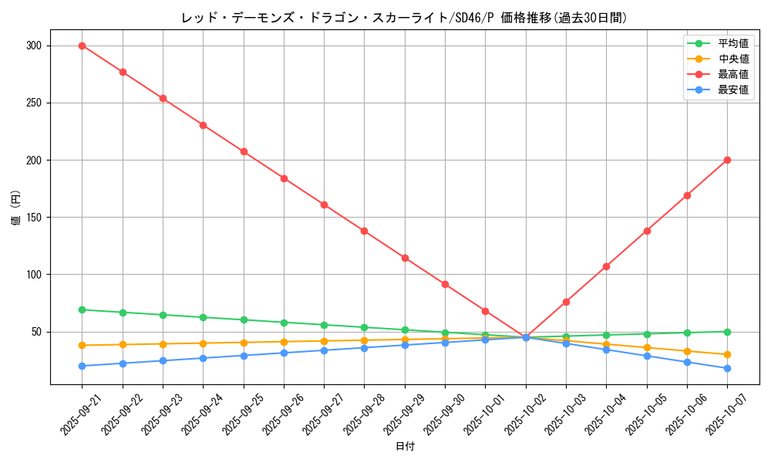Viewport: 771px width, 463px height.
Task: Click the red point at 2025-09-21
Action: point(82,46)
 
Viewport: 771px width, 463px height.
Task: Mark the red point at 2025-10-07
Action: point(727,160)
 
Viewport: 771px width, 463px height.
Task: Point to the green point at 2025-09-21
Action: point(82,309)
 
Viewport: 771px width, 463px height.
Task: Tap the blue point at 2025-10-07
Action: point(727,368)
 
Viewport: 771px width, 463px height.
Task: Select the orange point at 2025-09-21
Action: point(82,345)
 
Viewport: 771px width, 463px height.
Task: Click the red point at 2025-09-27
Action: point(324,204)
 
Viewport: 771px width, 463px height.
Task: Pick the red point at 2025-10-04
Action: point(606,266)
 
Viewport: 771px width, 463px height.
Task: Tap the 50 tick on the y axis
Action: point(36,332)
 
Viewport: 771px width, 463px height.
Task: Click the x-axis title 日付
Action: point(405,447)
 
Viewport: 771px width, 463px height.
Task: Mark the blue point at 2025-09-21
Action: point(82,366)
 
